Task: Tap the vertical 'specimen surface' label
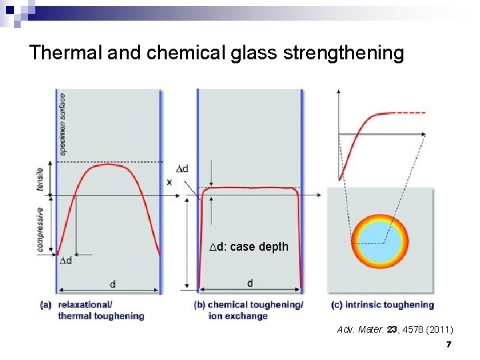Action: click(x=63, y=124)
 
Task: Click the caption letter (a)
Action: click(x=46, y=305)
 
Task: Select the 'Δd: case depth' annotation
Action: click(x=249, y=247)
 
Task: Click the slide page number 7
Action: click(x=449, y=344)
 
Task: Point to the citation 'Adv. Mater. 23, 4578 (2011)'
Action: click(x=395, y=329)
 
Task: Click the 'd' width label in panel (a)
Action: click(x=112, y=284)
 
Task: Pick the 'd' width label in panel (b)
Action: click(x=250, y=283)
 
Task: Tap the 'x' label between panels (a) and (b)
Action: click(x=169, y=182)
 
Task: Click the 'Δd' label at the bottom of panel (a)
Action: click(x=66, y=259)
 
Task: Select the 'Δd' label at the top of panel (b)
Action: click(x=182, y=169)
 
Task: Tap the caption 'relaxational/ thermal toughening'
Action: click(x=101, y=311)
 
